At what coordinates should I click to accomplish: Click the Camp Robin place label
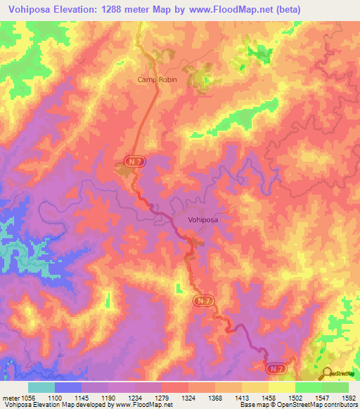(x=157, y=80)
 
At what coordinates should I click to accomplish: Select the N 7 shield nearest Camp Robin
(x=136, y=162)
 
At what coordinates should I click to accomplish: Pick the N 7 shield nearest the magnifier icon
(x=276, y=368)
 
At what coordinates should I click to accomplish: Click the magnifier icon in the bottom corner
(x=326, y=374)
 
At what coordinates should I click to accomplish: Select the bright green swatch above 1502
(x=308, y=387)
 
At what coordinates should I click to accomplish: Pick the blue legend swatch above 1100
(x=67, y=387)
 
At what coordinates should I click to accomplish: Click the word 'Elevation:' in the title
(x=91, y=10)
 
